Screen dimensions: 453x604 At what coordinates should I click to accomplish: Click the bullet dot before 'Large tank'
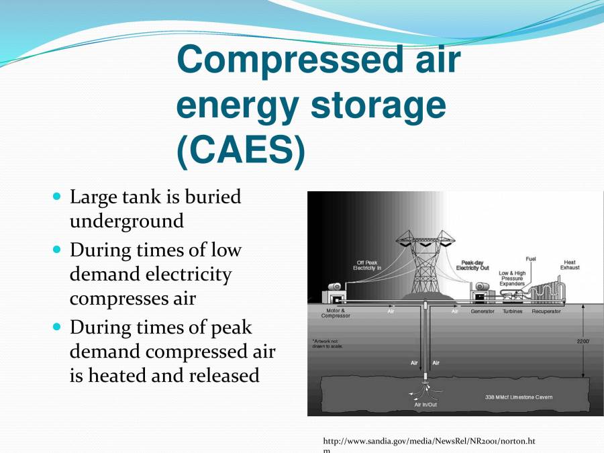coord(56,197)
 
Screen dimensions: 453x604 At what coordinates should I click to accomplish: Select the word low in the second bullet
coord(226,250)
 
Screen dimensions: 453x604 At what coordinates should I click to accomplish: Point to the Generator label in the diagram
coord(482,311)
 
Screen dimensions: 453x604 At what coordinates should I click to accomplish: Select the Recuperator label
coord(546,311)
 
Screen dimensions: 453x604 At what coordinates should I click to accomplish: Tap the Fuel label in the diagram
coord(530,258)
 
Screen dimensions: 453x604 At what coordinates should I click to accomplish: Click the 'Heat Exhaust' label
coord(569,265)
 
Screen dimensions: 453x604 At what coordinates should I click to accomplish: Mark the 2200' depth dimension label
coord(583,341)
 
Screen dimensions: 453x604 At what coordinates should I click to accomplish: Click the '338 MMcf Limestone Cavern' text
coord(519,397)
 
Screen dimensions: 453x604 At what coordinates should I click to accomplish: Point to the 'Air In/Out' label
coord(425,405)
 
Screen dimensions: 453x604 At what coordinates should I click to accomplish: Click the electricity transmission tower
coord(425,265)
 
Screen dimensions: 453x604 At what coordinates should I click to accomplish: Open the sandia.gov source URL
coord(429,441)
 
